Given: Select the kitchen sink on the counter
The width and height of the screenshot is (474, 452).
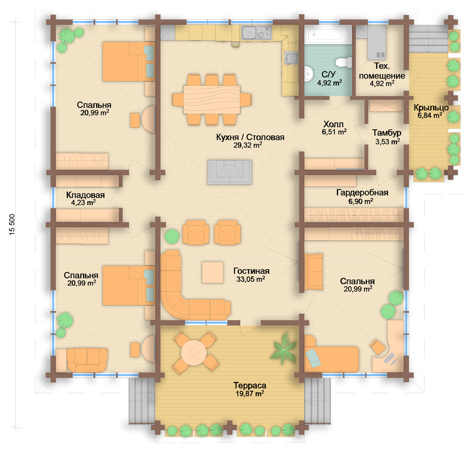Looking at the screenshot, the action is [x=250, y=33].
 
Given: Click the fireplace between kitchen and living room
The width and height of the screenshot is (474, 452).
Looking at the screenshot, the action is [x=229, y=172].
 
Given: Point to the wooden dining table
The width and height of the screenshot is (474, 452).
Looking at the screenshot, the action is [x=212, y=100].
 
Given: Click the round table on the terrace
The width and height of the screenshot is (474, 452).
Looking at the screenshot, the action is [x=193, y=352].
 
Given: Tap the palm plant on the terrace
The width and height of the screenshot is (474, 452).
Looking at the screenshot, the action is [x=283, y=349].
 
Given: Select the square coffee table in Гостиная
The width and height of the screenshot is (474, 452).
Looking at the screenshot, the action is [x=213, y=272].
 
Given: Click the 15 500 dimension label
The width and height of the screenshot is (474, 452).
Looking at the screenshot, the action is [x=12, y=225].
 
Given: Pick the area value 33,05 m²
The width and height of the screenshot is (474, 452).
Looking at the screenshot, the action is [x=250, y=279].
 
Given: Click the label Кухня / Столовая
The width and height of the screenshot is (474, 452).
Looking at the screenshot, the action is [x=250, y=137].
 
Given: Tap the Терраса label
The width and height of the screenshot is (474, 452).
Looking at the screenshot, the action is [x=250, y=385].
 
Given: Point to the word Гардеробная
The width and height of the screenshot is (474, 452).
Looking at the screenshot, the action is [x=362, y=192].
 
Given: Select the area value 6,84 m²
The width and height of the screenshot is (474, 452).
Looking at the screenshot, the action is [x=429, y=115].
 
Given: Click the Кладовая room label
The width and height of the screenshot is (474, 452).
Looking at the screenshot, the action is [x=85, y=195].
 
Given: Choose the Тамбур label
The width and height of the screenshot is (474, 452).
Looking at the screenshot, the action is [x=387, y=133].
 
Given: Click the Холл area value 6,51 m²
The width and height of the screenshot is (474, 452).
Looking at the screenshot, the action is [x=334, y=132].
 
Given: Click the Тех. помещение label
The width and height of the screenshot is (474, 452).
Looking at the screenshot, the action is [x=382, y=71].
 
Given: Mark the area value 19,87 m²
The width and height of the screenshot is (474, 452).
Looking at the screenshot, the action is [x=250, y=394].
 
